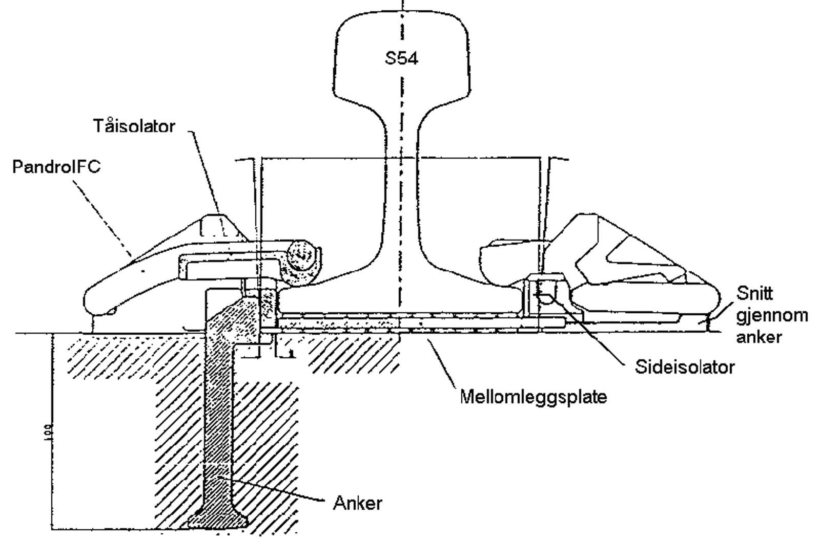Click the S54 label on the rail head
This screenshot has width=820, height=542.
pyautogui.click(x=401, y=58)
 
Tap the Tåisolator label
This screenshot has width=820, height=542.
pyautogui.click(x=134, y=126)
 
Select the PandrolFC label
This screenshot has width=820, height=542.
pyautogui.click(x=56, y=167)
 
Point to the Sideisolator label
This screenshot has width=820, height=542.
pyautogui.click(x=685, y=366)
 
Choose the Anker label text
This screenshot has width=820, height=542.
pyautogui.click(x=358, y=503)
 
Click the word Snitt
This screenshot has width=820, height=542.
pyautogui.click(x=754, y=294)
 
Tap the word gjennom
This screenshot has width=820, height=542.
pyautogui.click(x=772, y=315)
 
